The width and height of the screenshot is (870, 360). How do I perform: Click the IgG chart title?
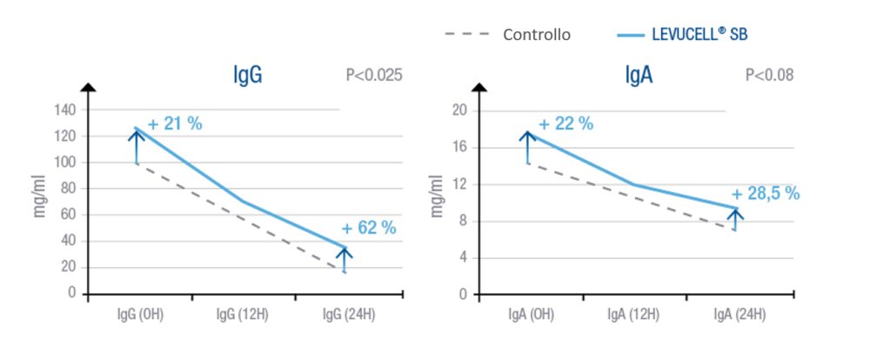click(x=248, y=76)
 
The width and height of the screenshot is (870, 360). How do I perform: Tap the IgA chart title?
click(x=639, y=76)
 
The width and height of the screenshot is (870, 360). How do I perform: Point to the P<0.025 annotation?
click(x=373, y=76)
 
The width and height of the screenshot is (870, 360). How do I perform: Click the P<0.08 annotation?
click(x=769, y=76)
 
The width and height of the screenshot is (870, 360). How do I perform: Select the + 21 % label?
click(x=175, y=124)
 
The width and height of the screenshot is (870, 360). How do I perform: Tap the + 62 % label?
click(x=369, y=228)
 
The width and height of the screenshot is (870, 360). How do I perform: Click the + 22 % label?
click(x=566, y=124)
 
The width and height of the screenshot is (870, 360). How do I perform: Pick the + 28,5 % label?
click(x=765, y=193)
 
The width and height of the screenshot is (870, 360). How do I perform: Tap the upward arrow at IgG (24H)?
click(x=345, y=259)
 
